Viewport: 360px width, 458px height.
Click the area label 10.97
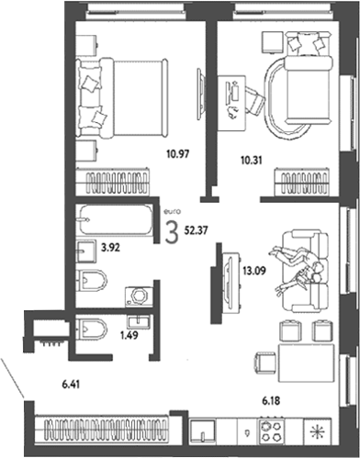pos(178,153)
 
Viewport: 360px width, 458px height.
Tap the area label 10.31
pos(252,160)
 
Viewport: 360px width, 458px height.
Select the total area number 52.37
pos(196,230)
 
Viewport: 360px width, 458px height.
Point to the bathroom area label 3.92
pos(110,248)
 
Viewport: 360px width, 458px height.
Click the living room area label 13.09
pos(254,271)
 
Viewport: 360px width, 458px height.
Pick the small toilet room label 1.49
pos(129,335)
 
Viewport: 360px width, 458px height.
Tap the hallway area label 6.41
pos(71,385)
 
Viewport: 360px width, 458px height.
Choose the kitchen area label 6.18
pos(271,401)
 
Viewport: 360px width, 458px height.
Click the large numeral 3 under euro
pos(172,233)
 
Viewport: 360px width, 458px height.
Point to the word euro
pos(173,211)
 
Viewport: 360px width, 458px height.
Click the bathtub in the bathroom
pos(116,220)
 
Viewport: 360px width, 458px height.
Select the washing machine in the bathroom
pos(139,296)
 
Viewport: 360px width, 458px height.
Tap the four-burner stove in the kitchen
pos(273,431)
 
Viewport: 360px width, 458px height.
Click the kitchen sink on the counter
pos(202,431)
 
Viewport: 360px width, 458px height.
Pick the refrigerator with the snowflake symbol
pos(318,431)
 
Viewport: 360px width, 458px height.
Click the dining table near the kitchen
pos(306,363)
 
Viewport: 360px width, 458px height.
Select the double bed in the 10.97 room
pos(121,97)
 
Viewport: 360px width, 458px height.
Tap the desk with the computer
pos(231,103)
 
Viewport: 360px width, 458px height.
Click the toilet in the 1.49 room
pos(92,329)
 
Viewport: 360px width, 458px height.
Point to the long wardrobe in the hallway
pos(101,430)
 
